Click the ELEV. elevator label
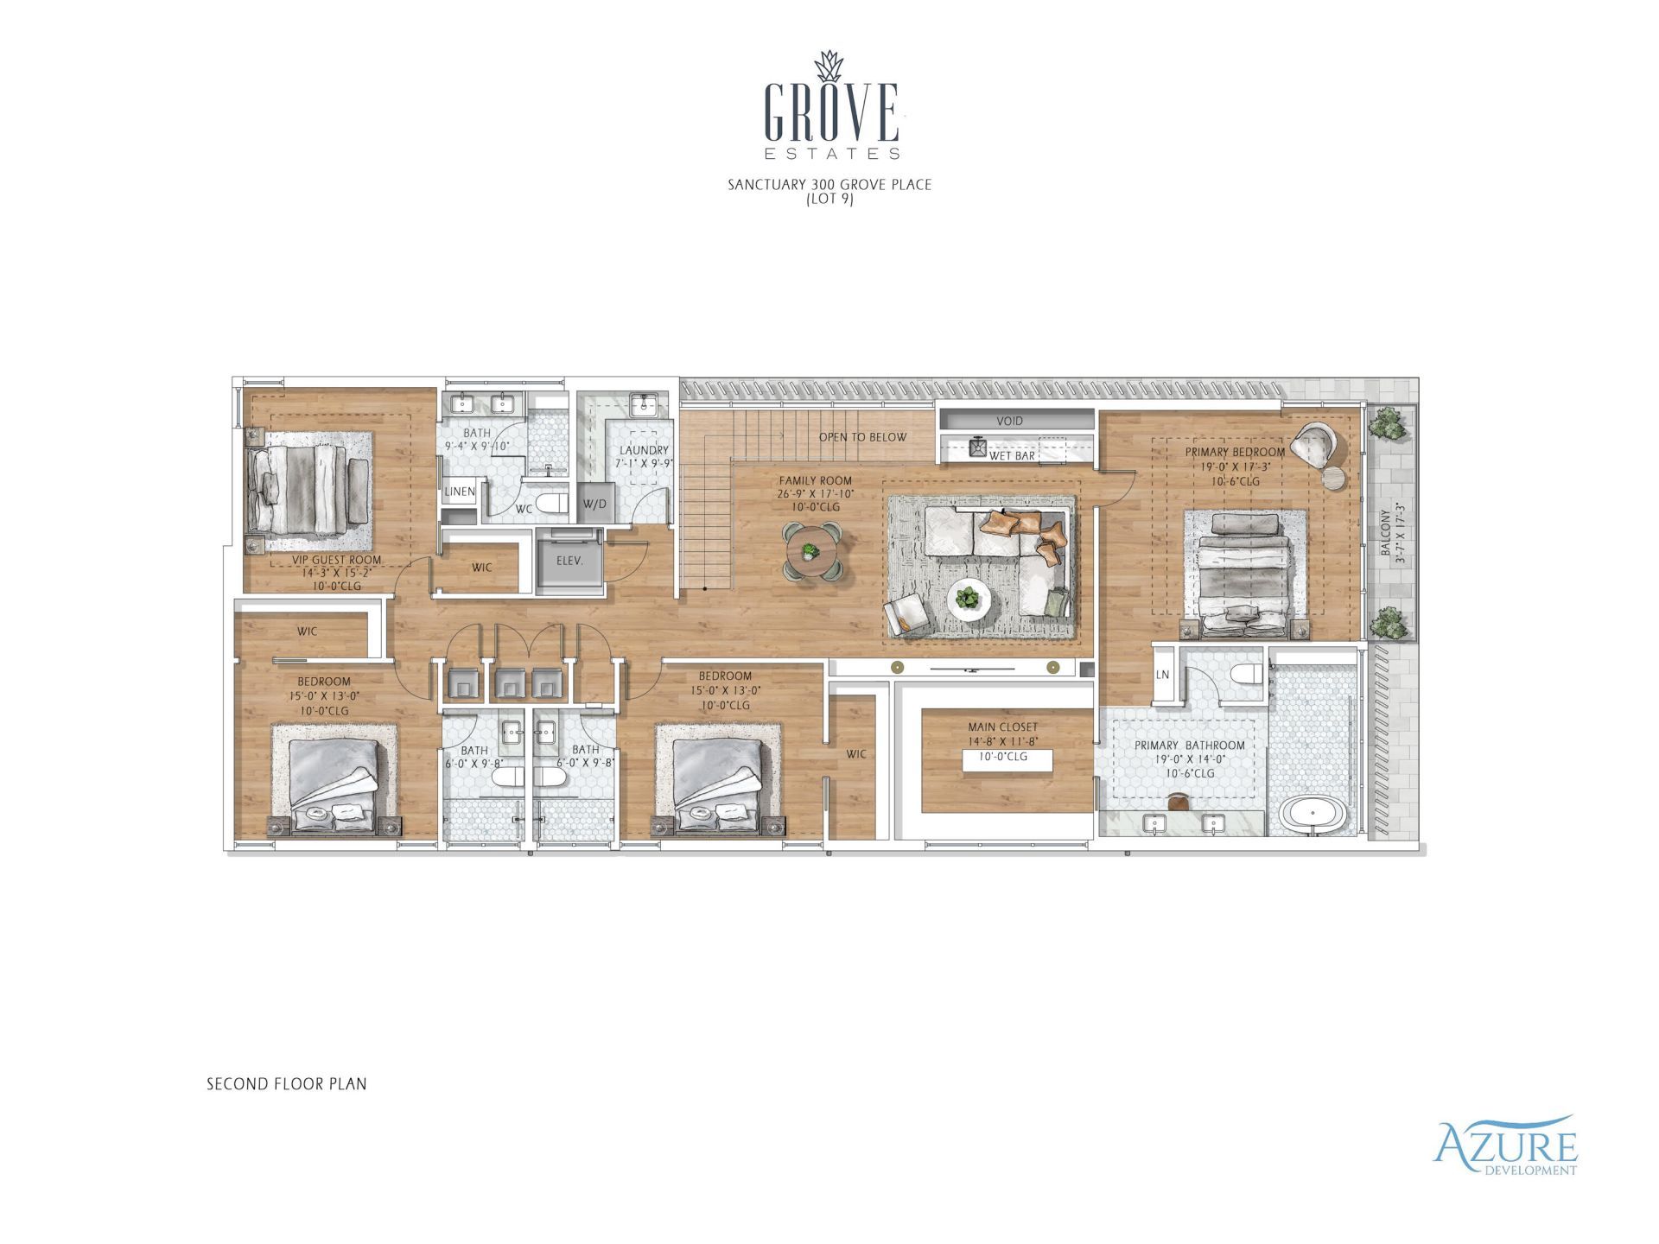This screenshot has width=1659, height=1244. (569, 561)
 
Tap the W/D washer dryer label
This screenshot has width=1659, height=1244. (594, 504)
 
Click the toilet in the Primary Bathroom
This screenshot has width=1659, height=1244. (1247, 675)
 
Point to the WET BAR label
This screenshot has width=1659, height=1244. (1012, 455)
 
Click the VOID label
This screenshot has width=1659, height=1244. (1009, 421)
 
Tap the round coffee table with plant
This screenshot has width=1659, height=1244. (969, 598)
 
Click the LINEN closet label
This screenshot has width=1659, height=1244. (460, 492)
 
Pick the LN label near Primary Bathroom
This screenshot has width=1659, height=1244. (1163, 675)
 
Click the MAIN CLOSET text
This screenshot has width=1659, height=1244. (1002, 727)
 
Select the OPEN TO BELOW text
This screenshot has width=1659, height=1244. (862, 437)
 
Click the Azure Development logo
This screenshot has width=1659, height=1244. (1504, 1147)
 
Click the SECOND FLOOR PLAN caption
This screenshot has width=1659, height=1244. (286, 1083)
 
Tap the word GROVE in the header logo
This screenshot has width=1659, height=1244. (831, 112)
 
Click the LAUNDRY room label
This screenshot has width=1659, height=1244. (644, 450)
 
